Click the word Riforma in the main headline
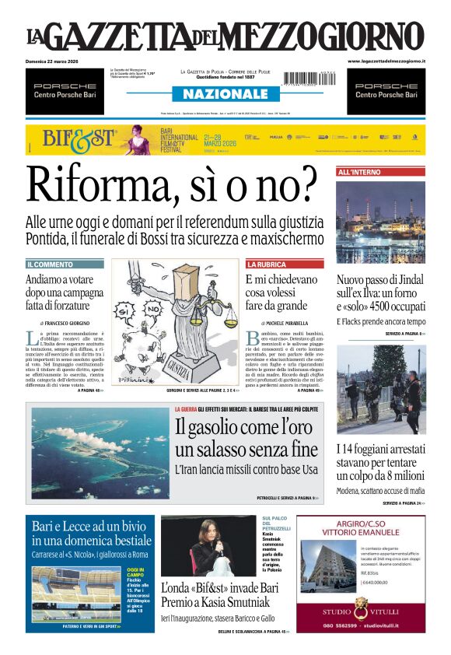click(91, 184)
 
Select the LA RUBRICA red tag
click(267, 264)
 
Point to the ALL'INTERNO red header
click(359, 171)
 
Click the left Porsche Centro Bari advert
click(65, 90)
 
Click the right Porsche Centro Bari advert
click(386, 90)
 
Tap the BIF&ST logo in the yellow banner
click(74, 140)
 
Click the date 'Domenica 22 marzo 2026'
click(58, 60)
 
